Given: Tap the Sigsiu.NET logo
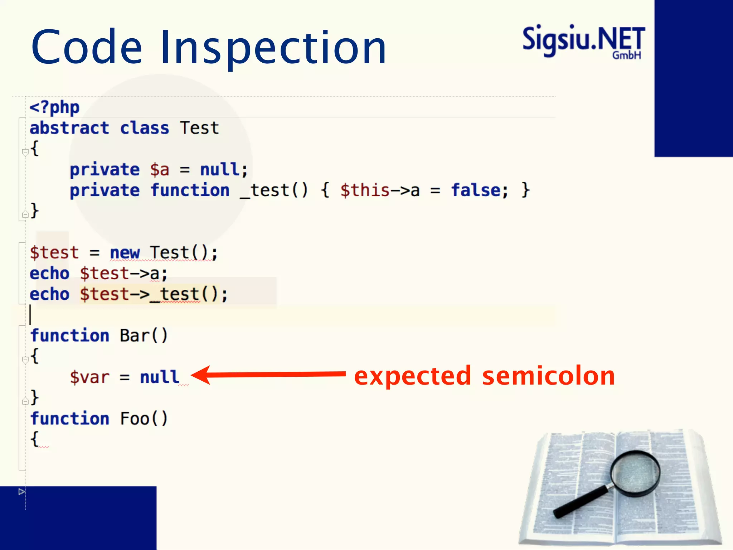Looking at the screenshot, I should click(583, 41).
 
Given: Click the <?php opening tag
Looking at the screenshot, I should click(54, 107).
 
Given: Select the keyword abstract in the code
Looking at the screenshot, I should click(69, 128).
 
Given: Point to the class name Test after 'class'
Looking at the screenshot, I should click(199, 128).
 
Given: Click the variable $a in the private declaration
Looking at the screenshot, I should click(159, 170).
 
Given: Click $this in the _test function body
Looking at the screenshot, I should click(364, 190).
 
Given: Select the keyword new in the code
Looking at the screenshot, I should click(124, 253).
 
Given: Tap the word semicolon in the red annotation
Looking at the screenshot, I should click(548, 376).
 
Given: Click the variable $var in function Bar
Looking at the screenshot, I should click(89, 377).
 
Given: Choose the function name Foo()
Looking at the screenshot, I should click(144, 419).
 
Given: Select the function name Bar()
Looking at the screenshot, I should click(144, 336).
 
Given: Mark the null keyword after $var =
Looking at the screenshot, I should click(159, 377).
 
